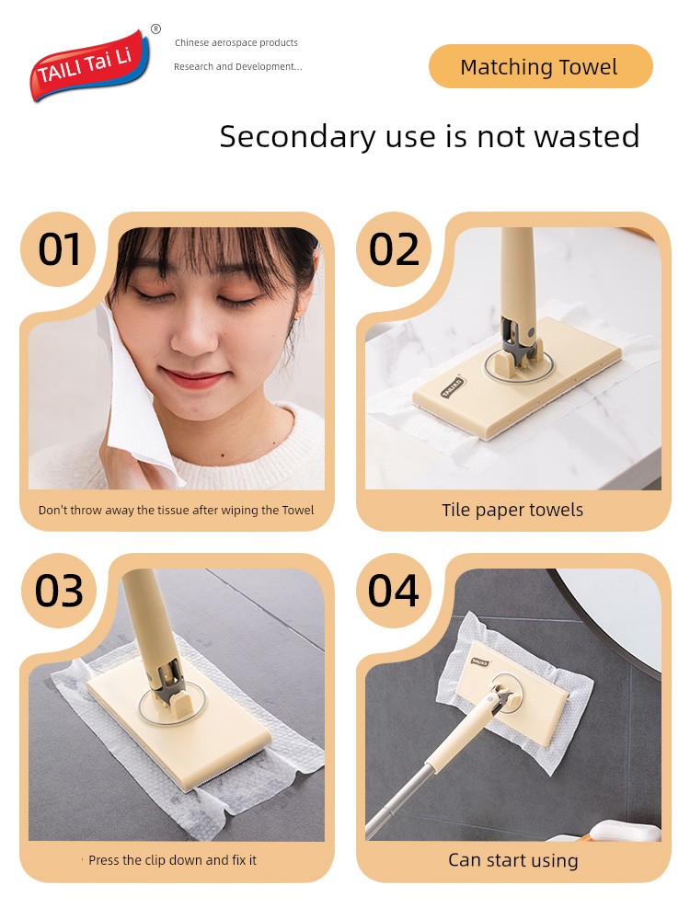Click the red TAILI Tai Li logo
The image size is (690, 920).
[x=88, y=65]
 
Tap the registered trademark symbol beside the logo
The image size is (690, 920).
[x=155, y=29]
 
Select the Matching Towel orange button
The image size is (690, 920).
[x=540, y=66]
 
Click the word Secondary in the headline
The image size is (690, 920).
[x=297, y=137]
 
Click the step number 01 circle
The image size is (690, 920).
[x=58, y=249]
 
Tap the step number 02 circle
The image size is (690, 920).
[x=394, y=249]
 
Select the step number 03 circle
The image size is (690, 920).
[x=58, y=591]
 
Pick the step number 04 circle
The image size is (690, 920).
[x=394, y=591]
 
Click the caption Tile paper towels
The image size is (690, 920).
[x=512, y=510]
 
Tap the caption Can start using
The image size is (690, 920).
[x=513, y=860]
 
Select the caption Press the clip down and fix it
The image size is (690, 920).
[x=173, y=860]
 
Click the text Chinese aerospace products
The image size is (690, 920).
[x=236, y=43]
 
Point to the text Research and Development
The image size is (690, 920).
[x=237, y=66]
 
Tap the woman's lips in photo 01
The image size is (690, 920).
[x=193, y=377]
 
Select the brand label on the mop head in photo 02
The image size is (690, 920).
[x=453, y=387]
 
